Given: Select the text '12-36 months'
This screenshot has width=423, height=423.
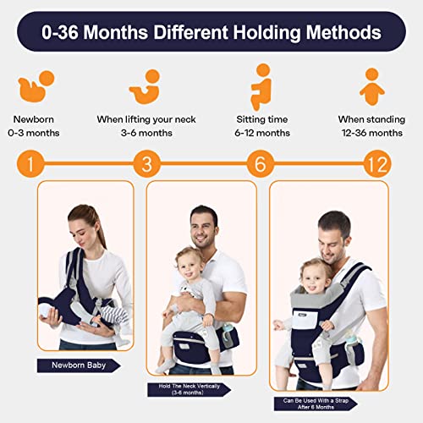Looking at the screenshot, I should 370,134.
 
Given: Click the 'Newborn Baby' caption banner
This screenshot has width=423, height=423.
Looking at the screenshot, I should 78,365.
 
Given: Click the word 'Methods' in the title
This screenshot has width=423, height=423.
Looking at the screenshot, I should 332,34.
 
